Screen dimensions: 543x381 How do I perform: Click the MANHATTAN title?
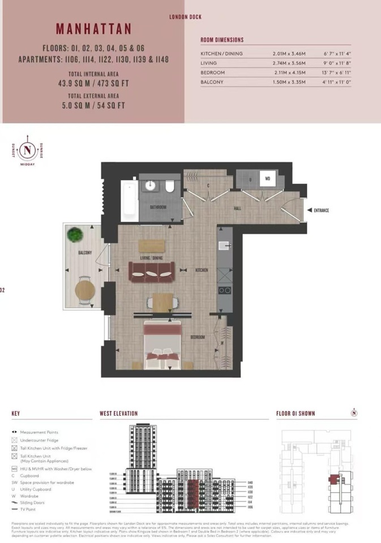point(93,29)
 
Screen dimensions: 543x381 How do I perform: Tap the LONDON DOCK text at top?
point(185,17)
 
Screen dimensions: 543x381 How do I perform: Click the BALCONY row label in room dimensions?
point(212,82)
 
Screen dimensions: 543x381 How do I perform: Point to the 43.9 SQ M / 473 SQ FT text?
point(93,83)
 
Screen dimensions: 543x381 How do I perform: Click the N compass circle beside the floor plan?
point(27,150)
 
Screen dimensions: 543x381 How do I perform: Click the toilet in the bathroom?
point(170,188)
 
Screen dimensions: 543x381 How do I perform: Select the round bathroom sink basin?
point(151,186)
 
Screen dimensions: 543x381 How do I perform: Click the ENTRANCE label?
point(319,210)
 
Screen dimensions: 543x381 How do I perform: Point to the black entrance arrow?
point(309,210)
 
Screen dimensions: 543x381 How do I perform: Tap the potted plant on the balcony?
point(74,234)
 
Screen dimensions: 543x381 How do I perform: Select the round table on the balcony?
point(84,290)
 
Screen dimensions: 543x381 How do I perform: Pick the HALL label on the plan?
point(237,209)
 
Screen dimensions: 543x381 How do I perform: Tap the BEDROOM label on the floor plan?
point(197,338)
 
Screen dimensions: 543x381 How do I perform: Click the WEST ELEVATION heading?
point(118,413)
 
